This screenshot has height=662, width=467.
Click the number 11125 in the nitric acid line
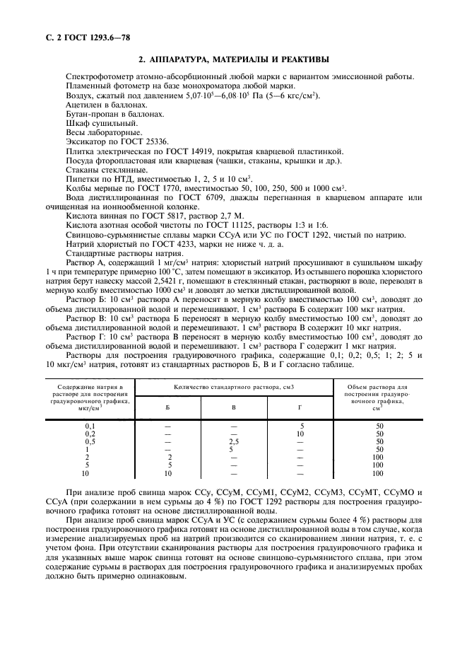tap(242, 225)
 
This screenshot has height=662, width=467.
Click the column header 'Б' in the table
tap(167, 407)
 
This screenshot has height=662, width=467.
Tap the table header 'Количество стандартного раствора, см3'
tap(233, 388)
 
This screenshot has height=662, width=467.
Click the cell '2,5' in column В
tap(233, 441)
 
